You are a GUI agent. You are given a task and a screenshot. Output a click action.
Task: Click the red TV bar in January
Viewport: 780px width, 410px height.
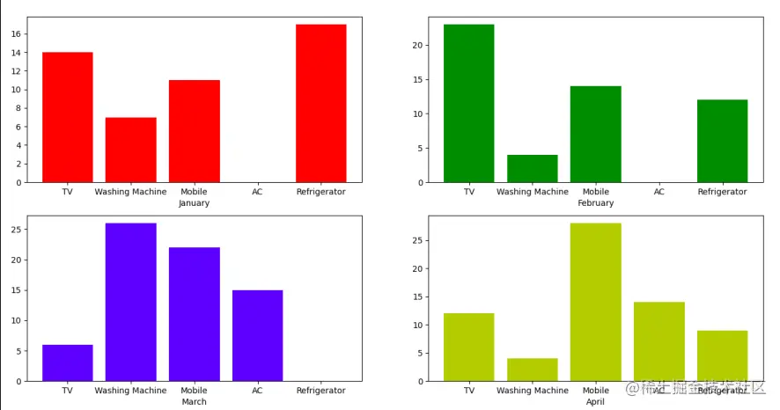tap(67, 117)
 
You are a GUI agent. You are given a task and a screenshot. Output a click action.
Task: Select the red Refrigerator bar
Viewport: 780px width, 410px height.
tap(320, 103)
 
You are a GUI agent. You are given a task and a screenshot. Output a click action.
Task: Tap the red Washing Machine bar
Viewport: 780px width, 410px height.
tap(130, 150)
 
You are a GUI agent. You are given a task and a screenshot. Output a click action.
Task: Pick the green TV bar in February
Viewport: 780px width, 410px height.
tap(468, 103)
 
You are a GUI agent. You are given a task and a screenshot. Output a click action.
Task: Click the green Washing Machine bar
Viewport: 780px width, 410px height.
tap(532, 169)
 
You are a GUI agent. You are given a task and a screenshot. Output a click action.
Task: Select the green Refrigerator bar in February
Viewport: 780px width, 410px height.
tap(722, 141)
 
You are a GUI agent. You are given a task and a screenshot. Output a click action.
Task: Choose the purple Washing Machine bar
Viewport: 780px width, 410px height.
tap(130, 302)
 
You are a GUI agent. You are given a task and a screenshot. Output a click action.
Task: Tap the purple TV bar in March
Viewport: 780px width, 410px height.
tap(67, 362)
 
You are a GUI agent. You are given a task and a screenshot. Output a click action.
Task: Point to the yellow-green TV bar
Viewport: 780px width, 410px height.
tap(468, 347)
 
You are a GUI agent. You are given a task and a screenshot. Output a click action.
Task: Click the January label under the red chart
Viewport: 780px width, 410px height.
tap(194, 203)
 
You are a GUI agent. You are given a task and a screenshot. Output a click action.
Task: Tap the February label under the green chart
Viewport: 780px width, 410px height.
tap(595, 203)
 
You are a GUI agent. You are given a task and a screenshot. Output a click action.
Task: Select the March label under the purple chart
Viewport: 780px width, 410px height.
tap(194, 402)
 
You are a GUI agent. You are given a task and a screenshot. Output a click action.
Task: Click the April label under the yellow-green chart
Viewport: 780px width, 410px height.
tap(595, 402)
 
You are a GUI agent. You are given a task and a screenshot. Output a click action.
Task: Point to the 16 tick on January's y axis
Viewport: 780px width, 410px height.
tap(18, 34)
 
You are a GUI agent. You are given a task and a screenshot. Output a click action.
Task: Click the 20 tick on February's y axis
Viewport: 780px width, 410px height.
tap(420, 46)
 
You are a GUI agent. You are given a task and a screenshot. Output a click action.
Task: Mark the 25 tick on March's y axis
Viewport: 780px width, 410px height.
tap(18, 230)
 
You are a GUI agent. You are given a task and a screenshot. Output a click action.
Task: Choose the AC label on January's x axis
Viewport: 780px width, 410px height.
tap(257, 192)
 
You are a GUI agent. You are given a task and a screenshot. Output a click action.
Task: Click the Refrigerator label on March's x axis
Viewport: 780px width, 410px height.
tap(320, 391)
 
